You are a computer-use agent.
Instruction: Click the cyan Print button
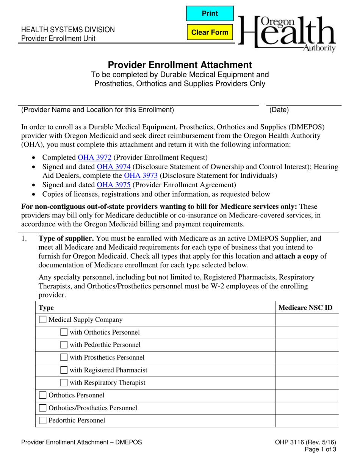point(210,14)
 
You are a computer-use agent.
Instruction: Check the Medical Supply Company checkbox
point(43,320)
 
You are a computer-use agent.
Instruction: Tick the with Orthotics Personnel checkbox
point(64,332)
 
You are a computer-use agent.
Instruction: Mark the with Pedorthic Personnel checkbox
point(64,345)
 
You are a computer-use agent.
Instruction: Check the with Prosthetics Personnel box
point(64,357)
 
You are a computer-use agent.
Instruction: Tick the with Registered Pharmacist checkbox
point(64,370)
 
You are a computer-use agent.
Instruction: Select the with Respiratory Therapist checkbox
point(64,383)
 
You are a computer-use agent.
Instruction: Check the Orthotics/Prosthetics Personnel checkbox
point(43,408)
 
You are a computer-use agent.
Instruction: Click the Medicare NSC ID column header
point(305,308)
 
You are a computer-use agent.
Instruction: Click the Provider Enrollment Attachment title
point(180,65)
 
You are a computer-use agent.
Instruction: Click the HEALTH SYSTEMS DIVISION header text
point(67,30)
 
